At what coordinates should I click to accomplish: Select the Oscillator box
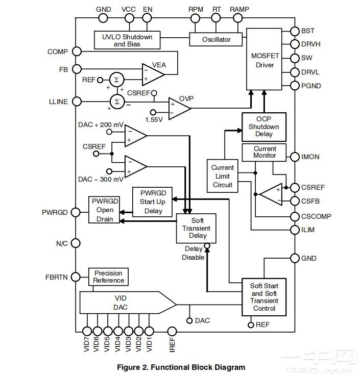pos(216,39)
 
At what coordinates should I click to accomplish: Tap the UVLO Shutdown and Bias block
pos(127,40)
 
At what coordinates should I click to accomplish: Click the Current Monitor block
pos(265,152)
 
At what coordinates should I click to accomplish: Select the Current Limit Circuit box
pos(222,176)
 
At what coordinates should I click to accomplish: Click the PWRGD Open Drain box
pos(105,209)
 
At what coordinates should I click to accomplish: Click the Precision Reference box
pos(108,277)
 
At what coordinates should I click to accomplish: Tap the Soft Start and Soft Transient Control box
pos(264,297)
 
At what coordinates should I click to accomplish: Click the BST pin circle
pos(295,31)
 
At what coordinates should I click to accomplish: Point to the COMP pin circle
pos(76,52)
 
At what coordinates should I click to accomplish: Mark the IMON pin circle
pos(295,157)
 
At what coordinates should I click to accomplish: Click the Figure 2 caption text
pos(181,367)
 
